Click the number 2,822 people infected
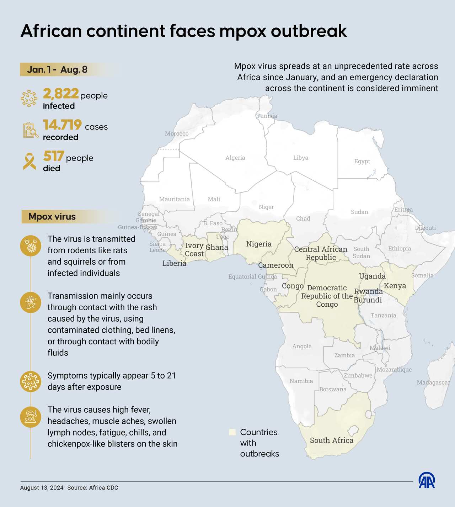coord(61,94)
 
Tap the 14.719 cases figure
coord(63,125)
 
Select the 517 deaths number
coord(54,156)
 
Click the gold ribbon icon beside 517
coord(30,162)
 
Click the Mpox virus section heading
coord(52,216)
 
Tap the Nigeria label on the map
coord(259,244)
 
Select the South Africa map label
coord(331,440)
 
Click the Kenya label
coord(395,286)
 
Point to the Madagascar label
coord(433,382)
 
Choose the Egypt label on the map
coord(362,161)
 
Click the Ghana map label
coord(217,247)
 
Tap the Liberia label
coord(174,263)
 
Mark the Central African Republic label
coord(321,253)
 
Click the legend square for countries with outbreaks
coord(232,432)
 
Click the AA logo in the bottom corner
coord(427,481)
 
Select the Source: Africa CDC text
coord(92,488)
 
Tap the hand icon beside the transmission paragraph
coord(31,302)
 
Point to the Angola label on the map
coord(302,346)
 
